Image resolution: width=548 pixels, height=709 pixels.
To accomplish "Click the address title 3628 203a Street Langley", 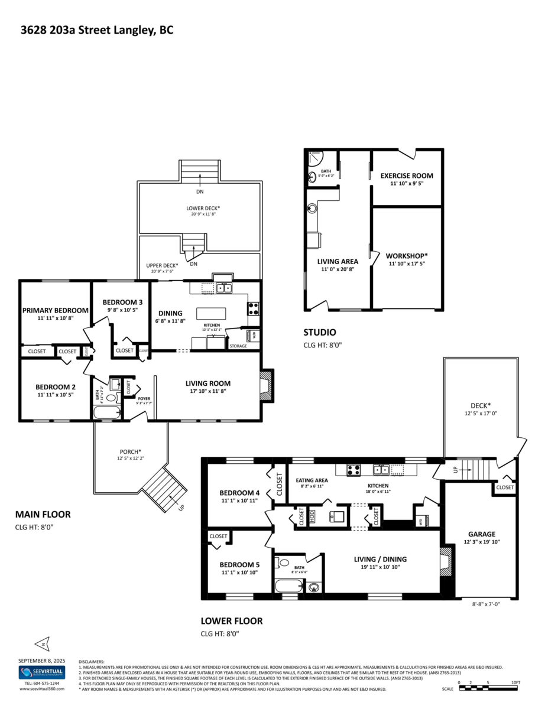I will click(97, 30).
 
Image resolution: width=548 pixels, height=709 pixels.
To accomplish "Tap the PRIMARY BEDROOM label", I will click(56, 310).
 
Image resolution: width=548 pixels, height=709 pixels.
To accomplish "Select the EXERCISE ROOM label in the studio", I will click(406, 175).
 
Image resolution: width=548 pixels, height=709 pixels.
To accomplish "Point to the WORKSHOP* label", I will click(406, 256).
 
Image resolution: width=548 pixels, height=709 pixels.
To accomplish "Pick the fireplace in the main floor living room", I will click(267, 386).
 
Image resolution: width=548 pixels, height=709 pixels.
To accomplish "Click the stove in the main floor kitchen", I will click(252, 308).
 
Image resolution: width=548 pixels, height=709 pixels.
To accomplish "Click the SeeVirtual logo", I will click(42, 672).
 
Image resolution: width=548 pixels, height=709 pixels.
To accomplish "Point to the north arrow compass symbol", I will click(42, 642).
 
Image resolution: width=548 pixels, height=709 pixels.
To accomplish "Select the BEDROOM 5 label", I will click(239, 564).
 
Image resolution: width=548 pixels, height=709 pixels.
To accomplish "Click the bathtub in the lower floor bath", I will click(288, 587).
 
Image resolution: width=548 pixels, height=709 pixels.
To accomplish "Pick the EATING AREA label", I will click(312, 480).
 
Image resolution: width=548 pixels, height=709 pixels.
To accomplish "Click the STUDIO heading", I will click(320, 333).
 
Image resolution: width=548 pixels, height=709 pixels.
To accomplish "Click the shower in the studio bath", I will click(314, 158).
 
